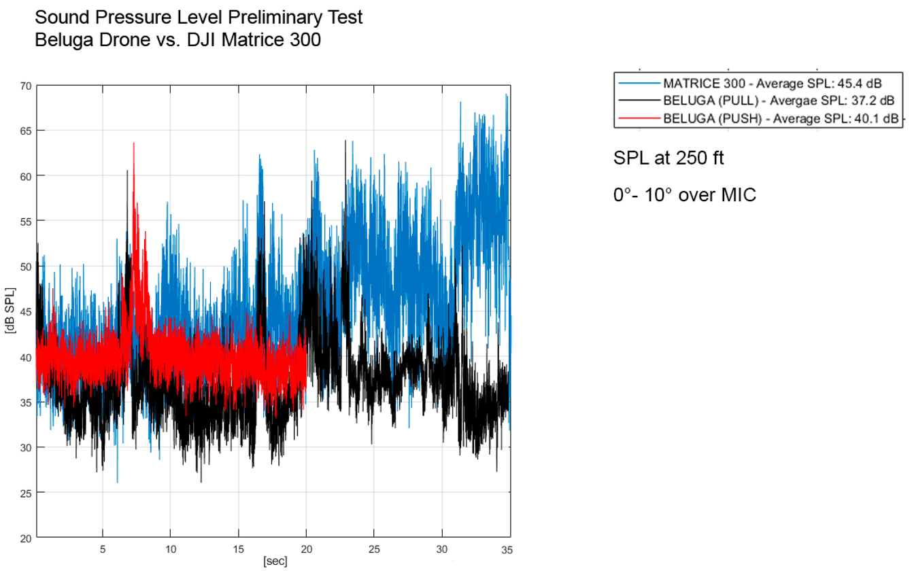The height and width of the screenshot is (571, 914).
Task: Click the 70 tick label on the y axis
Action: click(26, 86)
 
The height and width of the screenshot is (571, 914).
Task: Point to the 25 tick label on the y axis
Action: click(26, 492)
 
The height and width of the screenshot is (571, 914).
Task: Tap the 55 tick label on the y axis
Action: click(26, 221)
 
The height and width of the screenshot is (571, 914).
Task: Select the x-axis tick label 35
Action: click(505, 549)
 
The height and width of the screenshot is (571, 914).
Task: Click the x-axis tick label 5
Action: click(102, 549)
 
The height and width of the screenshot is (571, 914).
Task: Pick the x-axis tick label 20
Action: click(306, 549)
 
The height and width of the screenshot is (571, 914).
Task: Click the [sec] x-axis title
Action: click(275, 561)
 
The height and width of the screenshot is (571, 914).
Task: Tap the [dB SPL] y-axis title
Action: click(10, 311)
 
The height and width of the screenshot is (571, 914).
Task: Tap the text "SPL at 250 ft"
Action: click(668, 158)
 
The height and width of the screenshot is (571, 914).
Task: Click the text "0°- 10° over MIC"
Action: click(684, 195)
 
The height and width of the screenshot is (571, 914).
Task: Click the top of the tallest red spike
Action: click(134, 143)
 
